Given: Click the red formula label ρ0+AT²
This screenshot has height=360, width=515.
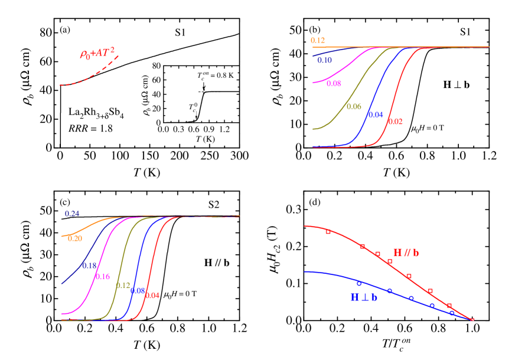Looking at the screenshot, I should click(x=97, y=54).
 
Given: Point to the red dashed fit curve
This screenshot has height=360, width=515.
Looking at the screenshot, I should click(x=89, y=78).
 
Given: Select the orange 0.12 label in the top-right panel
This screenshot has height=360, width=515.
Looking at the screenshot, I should click(x=318, y=41).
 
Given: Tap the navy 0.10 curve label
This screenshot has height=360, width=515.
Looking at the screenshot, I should click(x=324, y=60).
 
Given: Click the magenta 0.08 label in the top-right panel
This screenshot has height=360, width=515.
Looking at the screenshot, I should click(x=334, y=84).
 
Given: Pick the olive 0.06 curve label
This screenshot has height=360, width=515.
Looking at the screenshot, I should click(x=354, y=107).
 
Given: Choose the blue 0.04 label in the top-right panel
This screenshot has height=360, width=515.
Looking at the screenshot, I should click(x=376, y=114).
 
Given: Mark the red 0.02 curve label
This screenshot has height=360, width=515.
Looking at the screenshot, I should click(x=395, y=122).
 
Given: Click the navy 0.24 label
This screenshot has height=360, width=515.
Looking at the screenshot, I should click(x=72, y=213).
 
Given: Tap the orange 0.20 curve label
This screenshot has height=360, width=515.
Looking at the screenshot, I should click(x=75, y=238).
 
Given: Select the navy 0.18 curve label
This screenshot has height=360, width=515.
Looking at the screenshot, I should click(x=89, y=266).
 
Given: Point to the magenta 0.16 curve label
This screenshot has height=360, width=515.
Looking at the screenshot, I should click(x=102, y=276).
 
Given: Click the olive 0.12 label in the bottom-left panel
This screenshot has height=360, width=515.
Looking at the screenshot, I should click(x=123, y=286).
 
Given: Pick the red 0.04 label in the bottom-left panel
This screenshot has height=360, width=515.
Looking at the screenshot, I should click(x=152, y=295).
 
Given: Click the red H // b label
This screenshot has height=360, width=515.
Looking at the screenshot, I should click(x=406, y=253).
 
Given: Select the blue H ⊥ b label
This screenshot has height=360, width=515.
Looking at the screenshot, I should click(x=364, y=297).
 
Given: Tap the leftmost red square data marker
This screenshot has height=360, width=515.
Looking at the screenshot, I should click(x=328, y=232).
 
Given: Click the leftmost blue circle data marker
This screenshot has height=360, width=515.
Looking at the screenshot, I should click(x=358, y=283).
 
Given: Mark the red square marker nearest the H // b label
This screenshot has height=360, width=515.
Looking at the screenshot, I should click(x=390, y=261).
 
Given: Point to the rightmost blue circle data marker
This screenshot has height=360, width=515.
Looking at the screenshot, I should click(x=452, y=312).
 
